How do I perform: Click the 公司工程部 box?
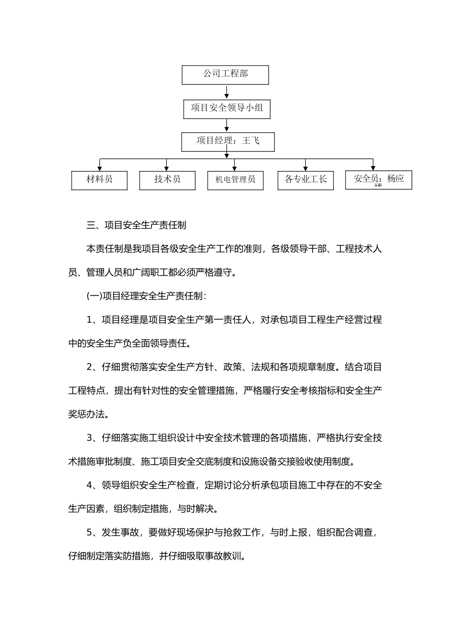pyautogui.click(x=225, y=75)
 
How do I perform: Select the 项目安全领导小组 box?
pyautogui.click(x=227, y=109)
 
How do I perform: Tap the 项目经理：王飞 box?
pyautogui.click(x=228, y=141)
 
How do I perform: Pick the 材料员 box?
pyautogui.click(x=99, y=180)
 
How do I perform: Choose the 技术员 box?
pyautogui.click(x=167, y=180)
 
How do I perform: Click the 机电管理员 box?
pyautogui.click(x=235, y=180)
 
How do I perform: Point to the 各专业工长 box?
pyautogui.click(x=305, y=180)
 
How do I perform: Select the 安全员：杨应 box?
pyautogui.click(x=378, y=179)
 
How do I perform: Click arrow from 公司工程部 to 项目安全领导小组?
pyautogui.click(x=227, y=92)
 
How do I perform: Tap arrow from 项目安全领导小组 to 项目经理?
pyautogui.click(x=227, y=125)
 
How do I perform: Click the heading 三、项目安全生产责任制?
pyautogui.click(x=136, y=225)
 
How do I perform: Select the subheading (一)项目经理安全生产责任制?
pyautogui.click(x=146, y=296)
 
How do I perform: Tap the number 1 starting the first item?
pyautogui.click(x=89, y=319)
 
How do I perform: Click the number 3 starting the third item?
pyautogui.click(x=89, y=438)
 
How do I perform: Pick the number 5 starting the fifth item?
pyautogui.click(x=89, y=532)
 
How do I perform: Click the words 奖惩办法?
pyautogui.click(x=86, y=414)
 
